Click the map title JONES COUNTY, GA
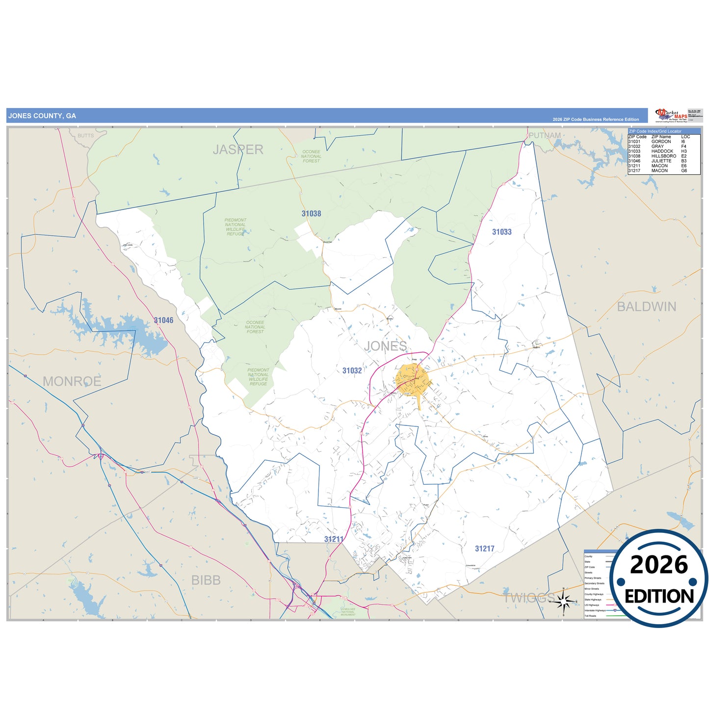pyautogui.click(x=42, y=116)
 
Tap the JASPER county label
pyautogui.click(x=238, y=149)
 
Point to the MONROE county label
pyautogui.click(x=72, y=381)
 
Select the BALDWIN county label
pyautogui.click(x=646, y=307)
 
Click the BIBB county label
pyautogui.click(x=206, y=580)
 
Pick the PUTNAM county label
pyautogui.click(x=545, y=135)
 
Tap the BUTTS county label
pyautogui.click(x=85, y=135)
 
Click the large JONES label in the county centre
pyautogui.click(x=385, y=346)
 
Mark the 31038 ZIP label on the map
pyautogui.click(x=311, y=213)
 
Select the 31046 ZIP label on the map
pyautogui.click(x=163, y=320)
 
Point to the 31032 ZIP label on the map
pyautogui.click(x=352, y=370)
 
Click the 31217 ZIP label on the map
pyautogui.click(x=484, y=549)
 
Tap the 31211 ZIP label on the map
pyautogui.click(x=334, y=539)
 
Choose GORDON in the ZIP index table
pyautogui.click(x=661, y=141)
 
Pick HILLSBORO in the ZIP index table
pyautogui.click(x=663, y=156)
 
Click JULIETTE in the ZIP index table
pyautogui.click(x=661, y=161)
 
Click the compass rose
pyautogui.click(x=564, y=600)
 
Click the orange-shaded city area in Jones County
pyautogui.click(x=413, y=379)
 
